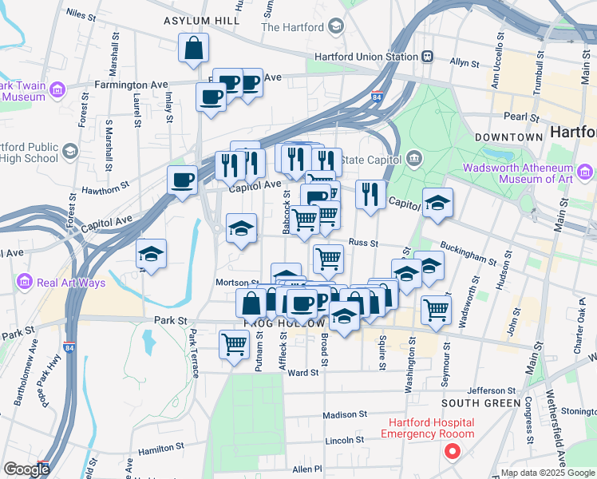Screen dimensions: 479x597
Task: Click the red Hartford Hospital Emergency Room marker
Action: coord(453,453)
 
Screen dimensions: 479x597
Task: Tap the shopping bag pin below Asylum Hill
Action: coord(194,49)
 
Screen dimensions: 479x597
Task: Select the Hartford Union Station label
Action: coord(366,57)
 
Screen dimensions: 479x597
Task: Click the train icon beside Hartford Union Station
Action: coord(428,57)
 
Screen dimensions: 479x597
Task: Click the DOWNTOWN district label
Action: coord(508,137)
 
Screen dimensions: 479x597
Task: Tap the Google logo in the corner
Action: coord(26,469)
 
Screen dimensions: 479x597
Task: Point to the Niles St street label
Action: coord(81,14)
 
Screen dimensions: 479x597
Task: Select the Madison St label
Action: coord(344,415)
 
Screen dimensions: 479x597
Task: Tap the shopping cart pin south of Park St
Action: coord(234,344)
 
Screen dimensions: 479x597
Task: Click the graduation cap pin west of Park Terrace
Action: coord(152,255)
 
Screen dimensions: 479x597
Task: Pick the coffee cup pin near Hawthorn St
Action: coord(183,180)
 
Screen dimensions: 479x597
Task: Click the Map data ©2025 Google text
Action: coord(547,473)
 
